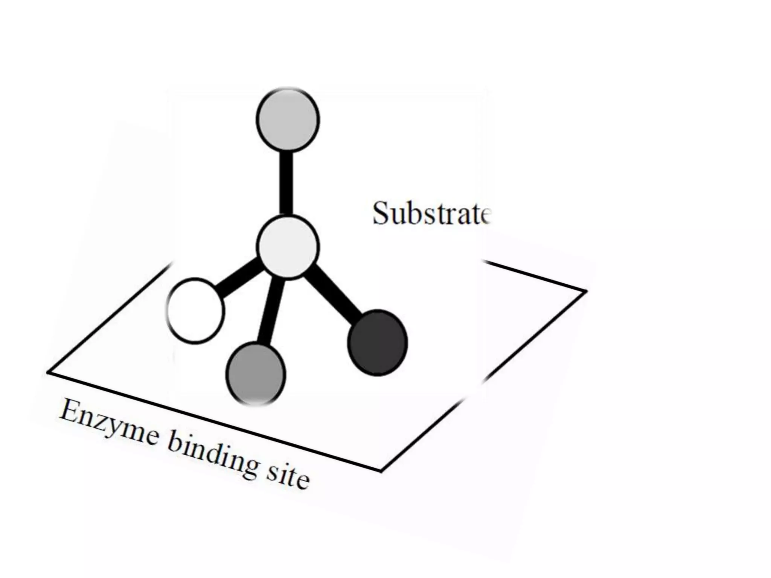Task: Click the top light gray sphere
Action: (288, 120)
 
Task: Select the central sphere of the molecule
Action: (288, 246)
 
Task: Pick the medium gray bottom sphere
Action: (256, 374)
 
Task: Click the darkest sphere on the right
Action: (377, 342)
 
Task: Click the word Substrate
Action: (431, 213)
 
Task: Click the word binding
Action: (213, 458)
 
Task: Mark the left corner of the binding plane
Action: (48, 373)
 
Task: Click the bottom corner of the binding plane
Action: (381, 470)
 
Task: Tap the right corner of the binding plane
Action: (586, 291)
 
